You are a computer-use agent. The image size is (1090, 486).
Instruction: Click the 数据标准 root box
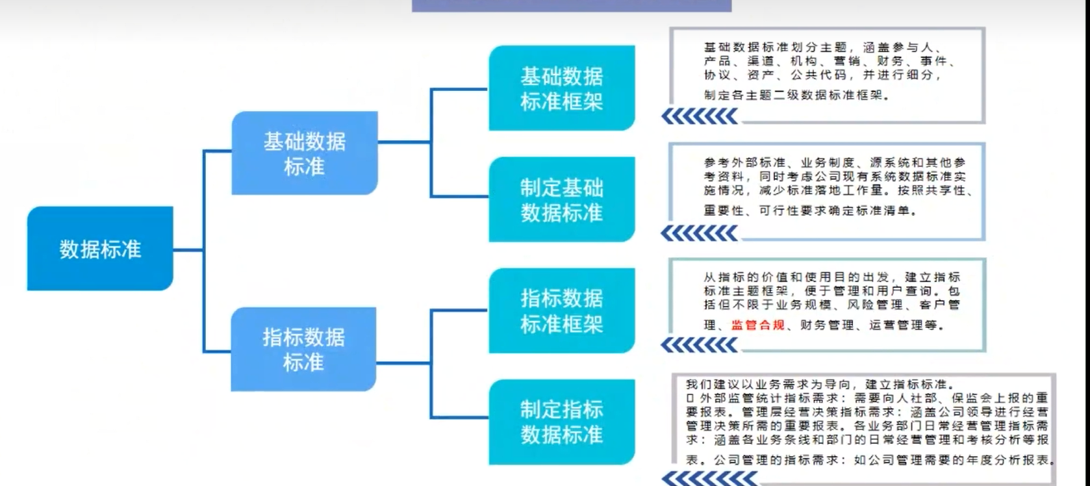pyautogui.click(x=100, y=248)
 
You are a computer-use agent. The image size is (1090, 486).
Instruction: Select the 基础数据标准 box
pyautogui.click(x=305, y=153)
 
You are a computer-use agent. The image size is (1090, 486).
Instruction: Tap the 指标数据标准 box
pyautogui.click(x=303, y=350)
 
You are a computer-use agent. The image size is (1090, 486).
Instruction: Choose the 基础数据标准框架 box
pyautogui.click(x=562, y=88)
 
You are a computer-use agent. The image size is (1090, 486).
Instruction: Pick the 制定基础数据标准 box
pyautogui.click(x=562, y=199)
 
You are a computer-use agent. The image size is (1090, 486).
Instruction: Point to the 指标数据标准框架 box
pyautogui.click(x=562, y=311)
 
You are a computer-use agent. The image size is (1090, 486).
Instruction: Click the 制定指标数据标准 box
pyautogui.click(x=562, y=422)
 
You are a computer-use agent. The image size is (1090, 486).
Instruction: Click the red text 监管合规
pyautogui.click(x=758, y=325)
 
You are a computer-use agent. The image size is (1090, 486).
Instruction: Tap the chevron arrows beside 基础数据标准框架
pyautogui.click(x=700, y=116)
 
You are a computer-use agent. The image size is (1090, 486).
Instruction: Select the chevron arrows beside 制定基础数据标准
pyautogui.click(x=700, y=233)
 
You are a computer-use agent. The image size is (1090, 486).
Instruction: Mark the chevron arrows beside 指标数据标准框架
pyautogui.click(x=700, y=344)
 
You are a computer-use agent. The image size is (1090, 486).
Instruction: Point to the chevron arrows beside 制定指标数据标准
pyautogui.click(x=709, y=479)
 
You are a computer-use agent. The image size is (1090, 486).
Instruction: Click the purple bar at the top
pyautogui.click(x=572, y=6)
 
